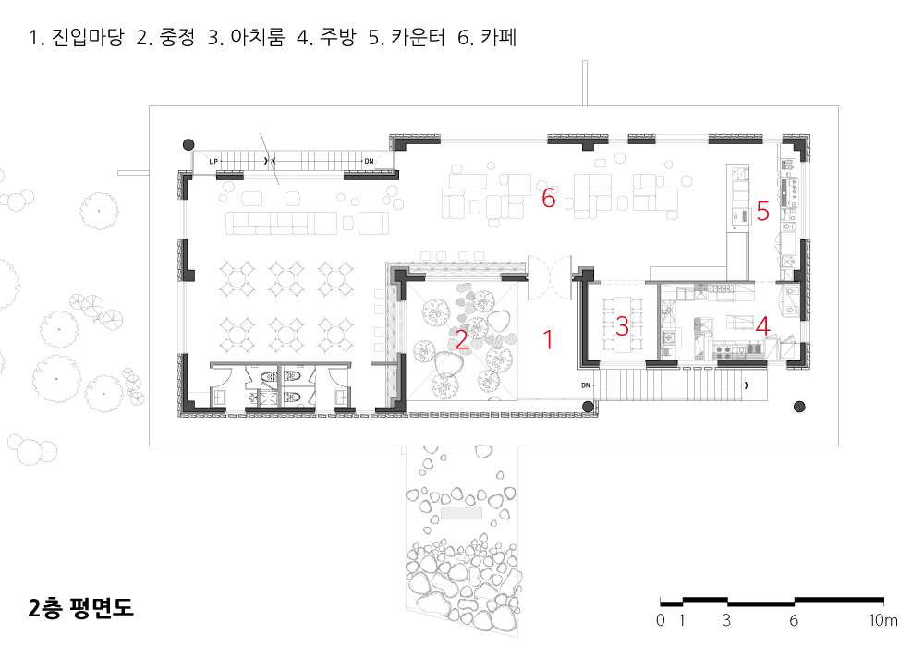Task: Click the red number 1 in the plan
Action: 548,339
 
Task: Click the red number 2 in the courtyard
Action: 461,339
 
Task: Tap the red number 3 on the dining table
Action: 622,325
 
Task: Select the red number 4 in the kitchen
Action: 762,325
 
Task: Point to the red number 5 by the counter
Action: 762,212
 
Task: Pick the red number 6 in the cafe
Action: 548,197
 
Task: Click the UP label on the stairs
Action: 213,162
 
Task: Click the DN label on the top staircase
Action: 369,162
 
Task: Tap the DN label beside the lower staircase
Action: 586,385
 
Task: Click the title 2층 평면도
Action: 81,607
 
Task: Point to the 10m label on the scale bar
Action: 883,620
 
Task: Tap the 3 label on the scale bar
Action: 727,620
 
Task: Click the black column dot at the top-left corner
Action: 188,144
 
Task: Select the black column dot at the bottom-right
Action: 799,406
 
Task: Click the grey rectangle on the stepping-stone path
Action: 462,511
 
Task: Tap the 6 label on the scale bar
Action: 795,620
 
